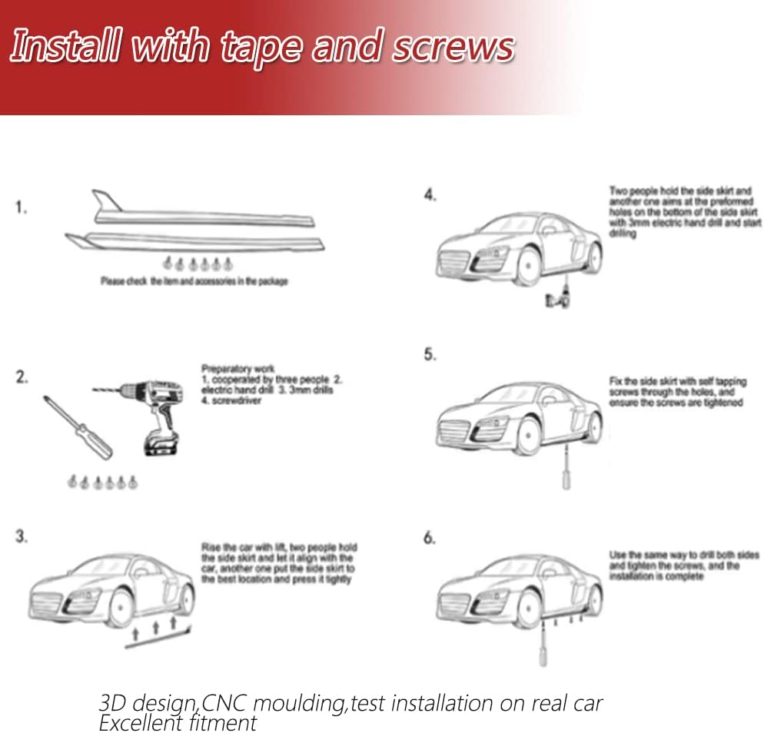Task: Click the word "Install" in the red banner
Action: coord(61,48)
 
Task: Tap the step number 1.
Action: coord(22,207)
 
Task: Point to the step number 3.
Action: coord(22,536)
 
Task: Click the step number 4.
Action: coord(430,194)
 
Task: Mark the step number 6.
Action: coord(430,537)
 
